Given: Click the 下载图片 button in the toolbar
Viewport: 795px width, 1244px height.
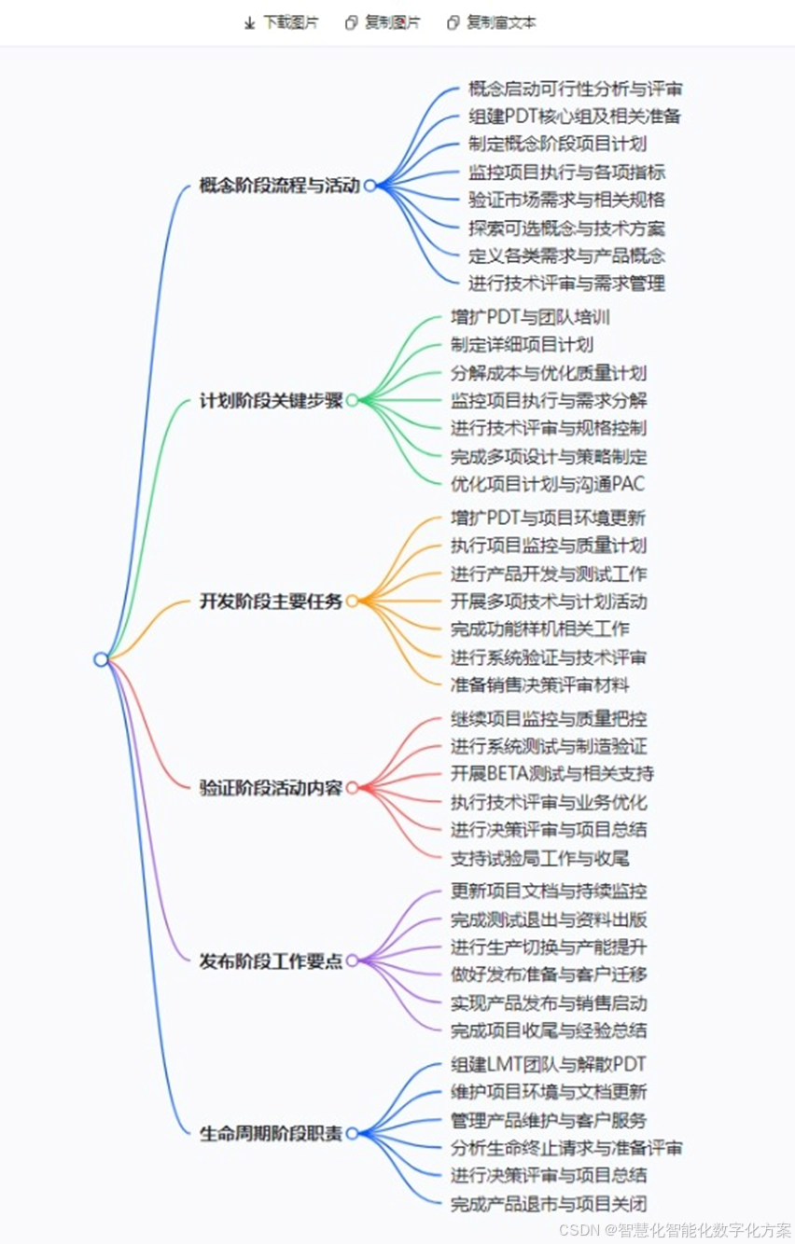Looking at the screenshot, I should pyautogui.click(x=281, y=22).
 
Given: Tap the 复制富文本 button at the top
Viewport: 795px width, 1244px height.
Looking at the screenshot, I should pyautogui.click(x=492, y=22).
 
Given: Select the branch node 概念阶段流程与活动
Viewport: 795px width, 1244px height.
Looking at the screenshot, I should pyautogui.click(x=279, y=186).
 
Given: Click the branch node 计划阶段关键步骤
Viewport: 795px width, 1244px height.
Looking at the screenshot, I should pyautogui.click(x=271, y=401).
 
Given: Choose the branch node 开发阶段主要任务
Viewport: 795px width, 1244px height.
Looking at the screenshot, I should pyautogui.click(x=271, y=601).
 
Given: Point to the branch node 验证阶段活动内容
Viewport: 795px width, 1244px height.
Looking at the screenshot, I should pyautogui.click(x=271, y=788).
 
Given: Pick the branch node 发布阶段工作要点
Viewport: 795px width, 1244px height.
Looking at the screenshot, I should pyautogui.click(x=271, y=961).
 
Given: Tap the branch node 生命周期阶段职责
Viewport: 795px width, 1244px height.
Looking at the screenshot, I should pyautogui.click(x=271, y=1134).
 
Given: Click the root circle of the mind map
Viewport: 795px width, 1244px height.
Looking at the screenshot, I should pyautogui.click(x=101, y=659).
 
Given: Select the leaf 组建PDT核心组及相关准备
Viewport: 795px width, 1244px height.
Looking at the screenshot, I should pyautogui.click(x=575, y=117).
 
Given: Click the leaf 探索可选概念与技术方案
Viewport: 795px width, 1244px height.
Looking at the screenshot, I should pyautogui.click(x=566, y=228).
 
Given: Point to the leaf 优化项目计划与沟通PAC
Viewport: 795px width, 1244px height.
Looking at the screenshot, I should pyautogui.click(x=548, y=484).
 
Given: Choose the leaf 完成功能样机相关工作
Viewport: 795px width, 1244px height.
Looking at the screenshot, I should pyautogui.click(x=539, y=629).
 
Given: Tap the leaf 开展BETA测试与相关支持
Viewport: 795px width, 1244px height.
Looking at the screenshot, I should pyautogui.click(x=552, y=773).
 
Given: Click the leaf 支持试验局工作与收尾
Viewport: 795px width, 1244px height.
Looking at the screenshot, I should pyautogui.click(x=539, y=858).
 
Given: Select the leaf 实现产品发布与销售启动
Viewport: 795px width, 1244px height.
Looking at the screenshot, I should pyautogui.click(x=549, y=1002).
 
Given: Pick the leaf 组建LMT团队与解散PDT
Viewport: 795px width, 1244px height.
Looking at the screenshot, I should pyautogui.click(x=549, y=1064).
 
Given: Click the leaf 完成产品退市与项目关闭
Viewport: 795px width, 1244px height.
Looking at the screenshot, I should pyautogui.click(x=549, y=1204).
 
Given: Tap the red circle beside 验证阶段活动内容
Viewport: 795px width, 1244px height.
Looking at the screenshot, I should pyautogui.click(x=353, y=788).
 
